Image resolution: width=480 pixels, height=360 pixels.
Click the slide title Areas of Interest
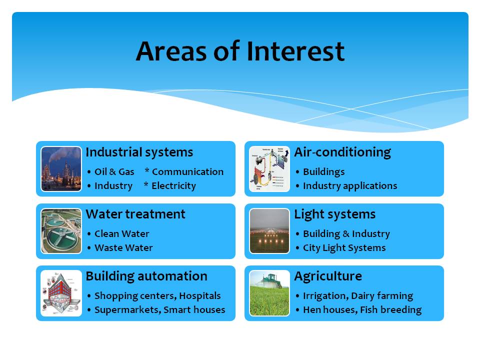click(240, 51)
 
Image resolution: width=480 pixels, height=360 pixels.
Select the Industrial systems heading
click(139, 152)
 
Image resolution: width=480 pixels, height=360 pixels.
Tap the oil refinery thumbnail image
click(61, 169)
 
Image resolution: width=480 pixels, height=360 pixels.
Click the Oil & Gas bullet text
click(114, 171)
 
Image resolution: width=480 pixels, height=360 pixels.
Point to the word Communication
click(187, 171)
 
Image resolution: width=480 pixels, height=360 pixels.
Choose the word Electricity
click(173, 186)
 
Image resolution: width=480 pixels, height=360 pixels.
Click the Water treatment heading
click(135, 214)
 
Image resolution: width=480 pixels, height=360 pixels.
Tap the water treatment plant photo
click(61, 231)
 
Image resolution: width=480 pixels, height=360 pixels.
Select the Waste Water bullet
click(123, 247)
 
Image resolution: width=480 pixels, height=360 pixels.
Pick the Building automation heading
click(146, 276)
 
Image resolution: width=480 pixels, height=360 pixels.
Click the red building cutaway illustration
click(61, 293)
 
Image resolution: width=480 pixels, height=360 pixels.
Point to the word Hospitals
click(200, 295)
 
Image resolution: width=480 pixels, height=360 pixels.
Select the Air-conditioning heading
click(342, 152)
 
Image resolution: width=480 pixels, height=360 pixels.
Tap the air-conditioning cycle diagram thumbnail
click(269, 169)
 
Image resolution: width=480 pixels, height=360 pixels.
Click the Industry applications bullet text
click(350, 186)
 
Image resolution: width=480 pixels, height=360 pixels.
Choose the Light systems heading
click(334, 214)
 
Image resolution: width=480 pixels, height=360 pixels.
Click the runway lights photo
click(269, 231)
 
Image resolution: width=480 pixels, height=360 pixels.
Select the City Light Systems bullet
click(344, 247)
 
